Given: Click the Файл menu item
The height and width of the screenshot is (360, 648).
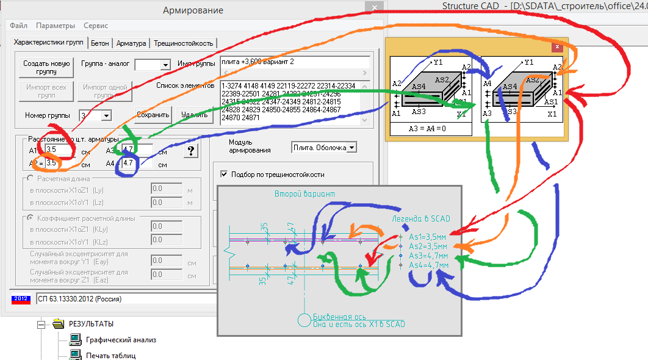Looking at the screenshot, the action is click(18, 26).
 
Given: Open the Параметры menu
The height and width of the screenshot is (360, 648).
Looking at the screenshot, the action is click(56, 26).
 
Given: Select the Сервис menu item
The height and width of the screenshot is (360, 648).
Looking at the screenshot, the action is click(96, 26).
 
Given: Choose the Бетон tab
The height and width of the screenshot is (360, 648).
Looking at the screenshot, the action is click(99, 43).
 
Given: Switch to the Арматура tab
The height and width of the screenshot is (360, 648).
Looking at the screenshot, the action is click(131, 43).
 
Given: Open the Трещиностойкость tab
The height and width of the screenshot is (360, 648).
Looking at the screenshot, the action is click(183, 43).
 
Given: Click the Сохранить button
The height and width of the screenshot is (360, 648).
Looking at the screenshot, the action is click(153, 114).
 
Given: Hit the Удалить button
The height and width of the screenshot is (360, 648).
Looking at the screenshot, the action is click(193, 114).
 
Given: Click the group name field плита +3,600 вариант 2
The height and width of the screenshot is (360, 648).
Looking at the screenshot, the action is click(295, 62).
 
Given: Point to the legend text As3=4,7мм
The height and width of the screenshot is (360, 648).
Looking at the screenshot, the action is click(428, 256).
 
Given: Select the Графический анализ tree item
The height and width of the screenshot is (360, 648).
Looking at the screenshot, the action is click(112, 340).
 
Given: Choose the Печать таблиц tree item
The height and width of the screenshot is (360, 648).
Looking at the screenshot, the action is click(110, 355).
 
